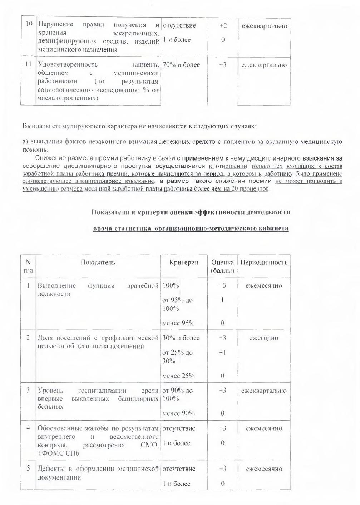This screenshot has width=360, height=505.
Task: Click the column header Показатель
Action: tap(98, 262)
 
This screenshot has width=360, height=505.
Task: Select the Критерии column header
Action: tap(184, 262)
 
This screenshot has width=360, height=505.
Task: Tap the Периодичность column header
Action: tap(264, 262)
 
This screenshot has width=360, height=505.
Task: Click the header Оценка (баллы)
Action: tap(222, 266)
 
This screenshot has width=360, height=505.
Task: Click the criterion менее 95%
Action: tap(178, 323)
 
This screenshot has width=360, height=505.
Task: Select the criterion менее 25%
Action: tap(178, 376)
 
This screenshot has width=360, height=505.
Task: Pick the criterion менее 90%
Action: tap(178, 413)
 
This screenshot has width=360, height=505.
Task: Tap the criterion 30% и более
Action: tap(181, 338)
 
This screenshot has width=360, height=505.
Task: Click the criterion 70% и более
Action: tap(181, 65)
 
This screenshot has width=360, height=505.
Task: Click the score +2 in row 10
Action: tap(223, 26)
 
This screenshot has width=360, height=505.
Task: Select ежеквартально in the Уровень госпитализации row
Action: tap(264, 391)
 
